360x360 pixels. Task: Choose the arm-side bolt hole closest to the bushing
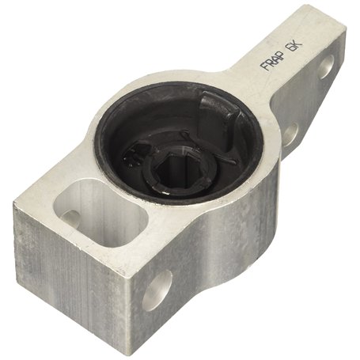point(290,134)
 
